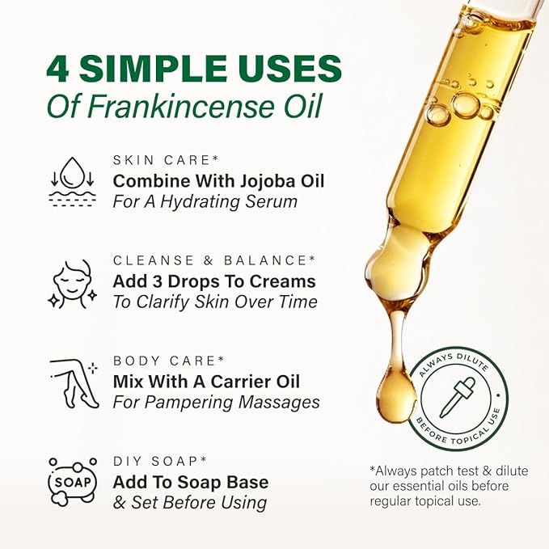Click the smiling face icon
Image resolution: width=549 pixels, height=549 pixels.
tap(72, 285)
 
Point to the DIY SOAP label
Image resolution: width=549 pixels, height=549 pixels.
tap(159, 461)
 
